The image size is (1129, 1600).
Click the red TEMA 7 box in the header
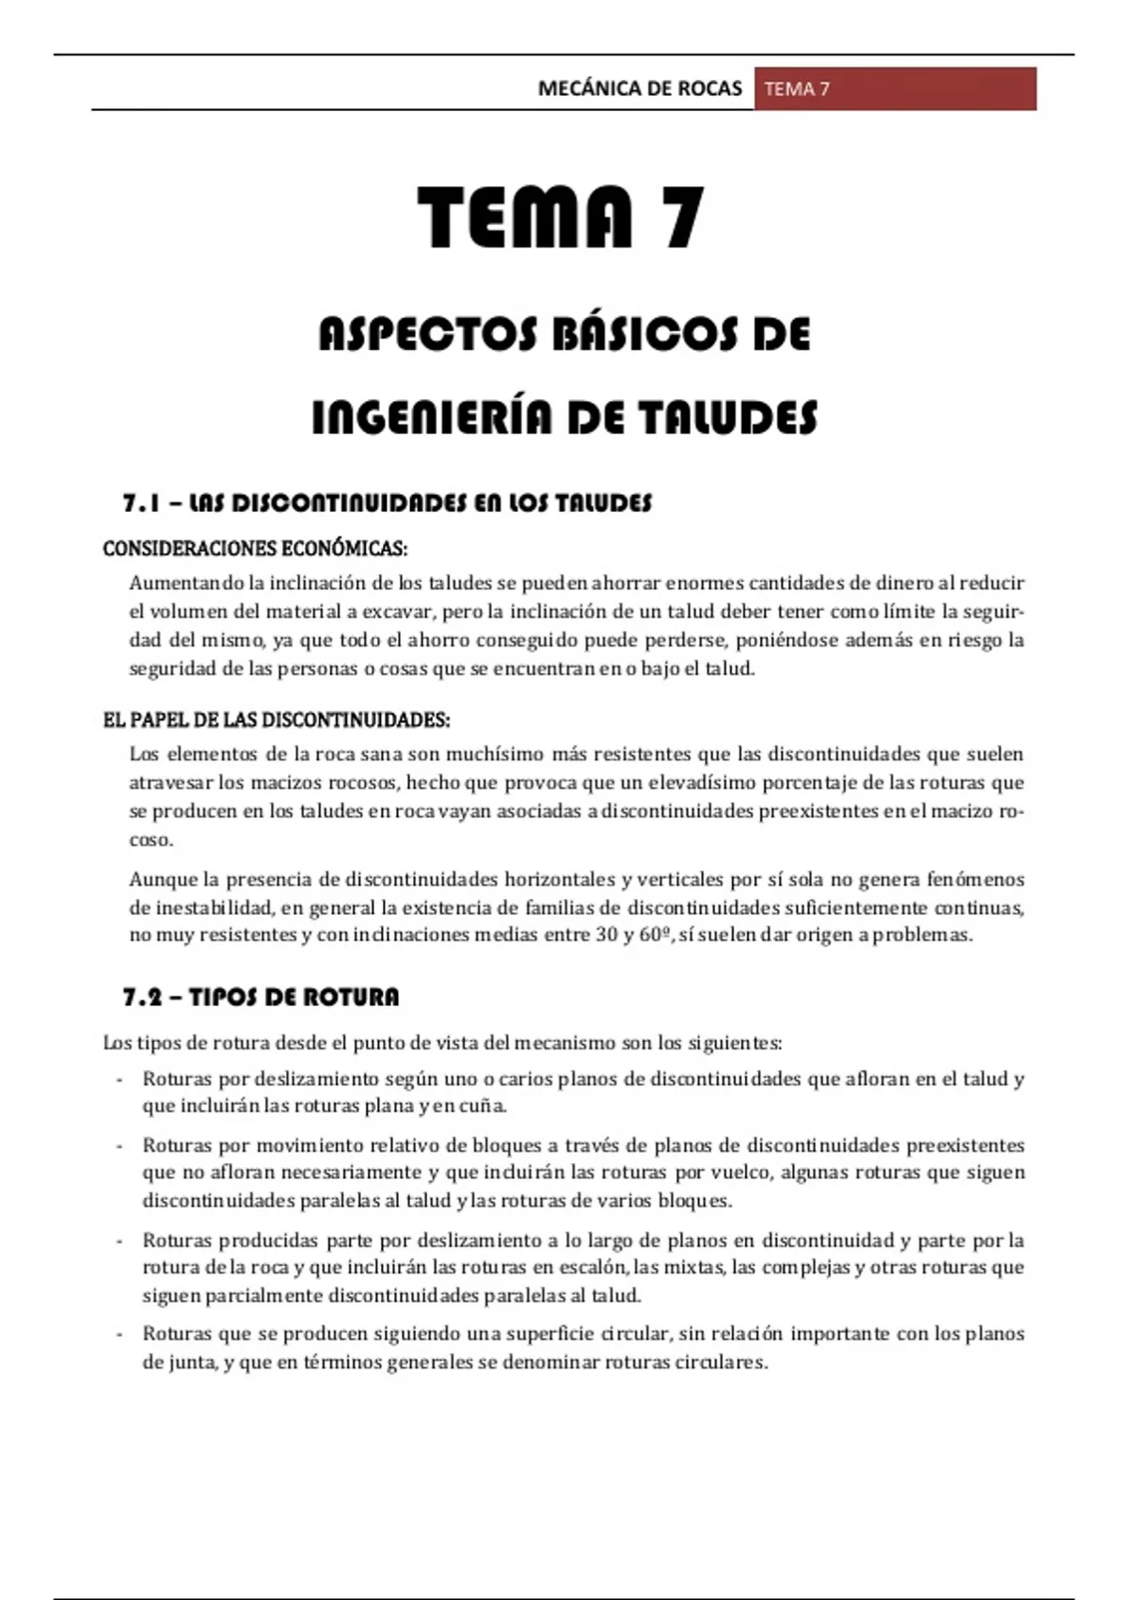pos(895,89)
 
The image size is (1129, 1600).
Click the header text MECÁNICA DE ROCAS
pos(640,89)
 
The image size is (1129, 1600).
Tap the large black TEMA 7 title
pos(561,217)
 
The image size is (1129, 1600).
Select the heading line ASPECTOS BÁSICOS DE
pos(564,335)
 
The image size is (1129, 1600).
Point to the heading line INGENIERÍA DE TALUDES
pos(564,418)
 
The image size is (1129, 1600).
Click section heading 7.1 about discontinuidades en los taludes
pos(387,504)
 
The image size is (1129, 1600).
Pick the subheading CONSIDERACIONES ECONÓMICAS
pos(255,549)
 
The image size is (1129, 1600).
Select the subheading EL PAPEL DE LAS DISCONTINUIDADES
pos(276,721)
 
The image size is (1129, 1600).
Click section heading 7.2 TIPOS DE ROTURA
pos(261,998)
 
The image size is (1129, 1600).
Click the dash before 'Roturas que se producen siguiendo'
pos(119,1335)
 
